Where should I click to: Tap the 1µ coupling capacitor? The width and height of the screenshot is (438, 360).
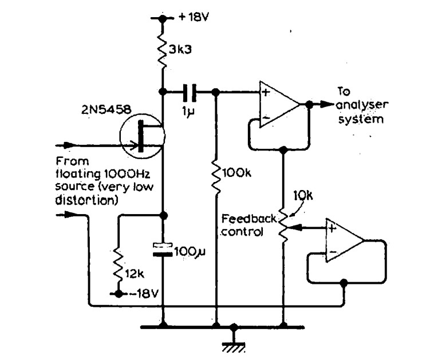click(190, 91)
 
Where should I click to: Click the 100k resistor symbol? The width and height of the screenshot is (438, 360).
click(215, 172)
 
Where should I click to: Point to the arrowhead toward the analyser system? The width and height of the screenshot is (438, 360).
click(327, 104)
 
